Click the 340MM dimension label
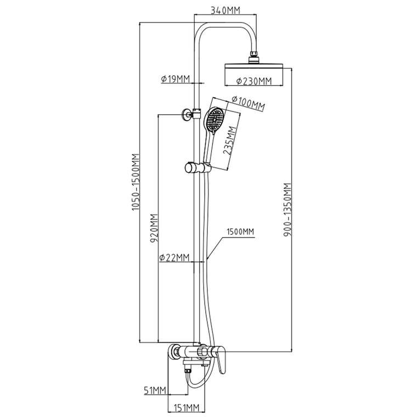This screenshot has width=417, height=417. click(226, 10)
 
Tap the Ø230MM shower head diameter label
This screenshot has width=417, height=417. click(254, 81)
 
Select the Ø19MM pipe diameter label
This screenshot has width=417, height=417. click(175, 78)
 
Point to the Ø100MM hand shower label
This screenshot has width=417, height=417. click(248, 103)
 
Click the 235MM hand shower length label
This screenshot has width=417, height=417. click(229, 140)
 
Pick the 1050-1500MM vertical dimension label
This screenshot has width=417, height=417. click(136, 182)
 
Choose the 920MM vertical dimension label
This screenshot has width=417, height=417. click(154, 228)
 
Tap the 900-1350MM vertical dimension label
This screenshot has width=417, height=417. click(288, 210)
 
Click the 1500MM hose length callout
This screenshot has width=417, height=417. click(240, 232)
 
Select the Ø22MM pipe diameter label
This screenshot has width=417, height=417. click(174, 257)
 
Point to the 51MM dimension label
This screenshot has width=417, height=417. click(155, 391)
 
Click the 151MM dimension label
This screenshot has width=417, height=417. click(187, 407)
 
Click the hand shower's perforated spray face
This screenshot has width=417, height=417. click(215, 120)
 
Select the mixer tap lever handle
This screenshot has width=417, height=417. click(221, 359)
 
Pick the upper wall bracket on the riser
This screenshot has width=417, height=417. click(191, 114)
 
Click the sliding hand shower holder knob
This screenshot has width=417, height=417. click(189, 167)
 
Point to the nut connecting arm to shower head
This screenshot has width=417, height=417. click(254, 57)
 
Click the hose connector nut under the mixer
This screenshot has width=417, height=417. click(188, 370)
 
